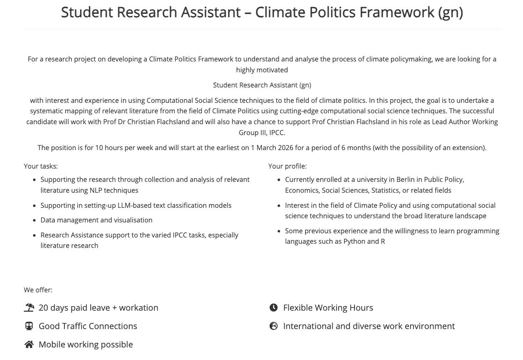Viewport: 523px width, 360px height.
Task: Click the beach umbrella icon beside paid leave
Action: (x=29, y=308)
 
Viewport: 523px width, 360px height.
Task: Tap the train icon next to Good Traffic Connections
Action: (x=29, y=326)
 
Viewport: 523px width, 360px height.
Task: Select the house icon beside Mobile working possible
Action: (x=29, y=345)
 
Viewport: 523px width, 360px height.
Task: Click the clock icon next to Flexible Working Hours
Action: (x=273, y=308)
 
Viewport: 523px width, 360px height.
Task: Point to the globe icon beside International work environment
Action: (x=273, y=326)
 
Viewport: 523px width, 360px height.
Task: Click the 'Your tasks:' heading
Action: (x=41, y=166)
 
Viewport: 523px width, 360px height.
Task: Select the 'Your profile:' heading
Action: (x=287, y=166)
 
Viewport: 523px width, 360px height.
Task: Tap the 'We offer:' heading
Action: (x=38, y=290)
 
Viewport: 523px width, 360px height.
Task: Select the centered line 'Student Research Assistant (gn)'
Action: (x=262, y=85)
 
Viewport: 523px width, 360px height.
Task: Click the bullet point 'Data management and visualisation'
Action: (x=96, y=220)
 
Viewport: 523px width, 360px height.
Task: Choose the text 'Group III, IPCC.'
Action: (x=262, y=133)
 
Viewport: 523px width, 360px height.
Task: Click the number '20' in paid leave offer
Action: (x=43, y=308)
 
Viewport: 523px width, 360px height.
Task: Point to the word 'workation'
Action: (x=138, y=308)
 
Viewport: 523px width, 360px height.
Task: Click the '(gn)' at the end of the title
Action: (x=450, y=13)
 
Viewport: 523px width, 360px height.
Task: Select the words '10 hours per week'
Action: (x=122, y=148)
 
